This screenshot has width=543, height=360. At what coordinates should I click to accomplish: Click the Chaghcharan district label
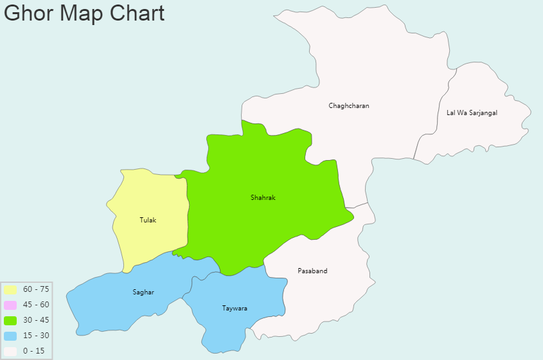click(x=349, y=105)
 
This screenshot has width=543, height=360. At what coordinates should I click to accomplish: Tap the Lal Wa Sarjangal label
click(x=472, y=113)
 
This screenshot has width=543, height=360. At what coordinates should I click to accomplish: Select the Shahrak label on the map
click(x=263, y=198)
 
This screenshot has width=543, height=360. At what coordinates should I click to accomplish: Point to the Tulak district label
click(x=148, y=221)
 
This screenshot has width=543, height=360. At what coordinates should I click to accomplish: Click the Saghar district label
click(x=143, y=292)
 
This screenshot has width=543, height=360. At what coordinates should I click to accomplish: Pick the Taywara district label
click(x=235, y=309)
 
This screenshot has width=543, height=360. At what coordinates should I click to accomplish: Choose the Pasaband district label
click(x=312, y=271)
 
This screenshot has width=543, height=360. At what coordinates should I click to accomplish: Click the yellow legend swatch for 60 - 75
click(x=10, y=289)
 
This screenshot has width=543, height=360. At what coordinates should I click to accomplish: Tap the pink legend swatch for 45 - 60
click(x=10, y=305)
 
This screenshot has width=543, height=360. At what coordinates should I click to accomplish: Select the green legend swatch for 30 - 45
click(x=10, y=320)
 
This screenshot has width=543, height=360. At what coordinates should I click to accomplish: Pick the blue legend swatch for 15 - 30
click(x=10, y=336)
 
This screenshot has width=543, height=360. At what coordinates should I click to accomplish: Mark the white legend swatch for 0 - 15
click(x=10, y=351)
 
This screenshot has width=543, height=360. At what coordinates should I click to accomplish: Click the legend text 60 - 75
click(x=36, y=289)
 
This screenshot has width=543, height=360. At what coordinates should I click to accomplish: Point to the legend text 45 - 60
click(x=36, y=305)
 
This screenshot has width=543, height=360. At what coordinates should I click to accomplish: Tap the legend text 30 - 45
click(x=36, y=320)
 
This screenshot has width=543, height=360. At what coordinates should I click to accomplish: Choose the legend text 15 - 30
click(x=36, y=336)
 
